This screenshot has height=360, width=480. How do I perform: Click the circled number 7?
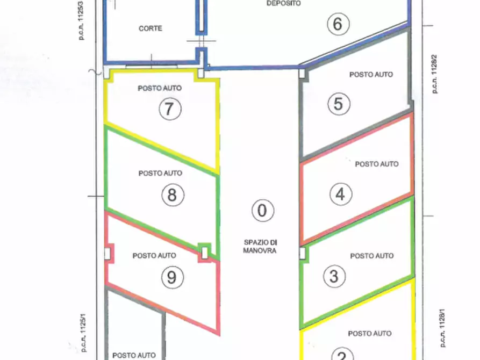(x=170, y=109)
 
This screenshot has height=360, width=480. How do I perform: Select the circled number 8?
(x=171, y=194)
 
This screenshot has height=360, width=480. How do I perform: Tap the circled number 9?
(x=171, y=277)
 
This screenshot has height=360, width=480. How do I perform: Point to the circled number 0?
(x=262, y=210)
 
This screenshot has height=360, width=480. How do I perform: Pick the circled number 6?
(x=338, y=24)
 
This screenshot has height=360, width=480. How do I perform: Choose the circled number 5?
(x=338, y=104)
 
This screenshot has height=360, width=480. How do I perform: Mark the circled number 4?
(x=340, y=193)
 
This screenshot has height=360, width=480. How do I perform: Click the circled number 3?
(x=334, y=276)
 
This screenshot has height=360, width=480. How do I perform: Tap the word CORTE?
(x=150, y=28)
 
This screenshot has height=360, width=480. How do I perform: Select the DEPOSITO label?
(x=284, y=3)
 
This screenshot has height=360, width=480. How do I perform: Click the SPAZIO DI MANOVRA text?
(x=260, y=247)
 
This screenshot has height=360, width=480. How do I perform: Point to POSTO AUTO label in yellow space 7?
(x=160, y=88)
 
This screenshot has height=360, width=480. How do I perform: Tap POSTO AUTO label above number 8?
(x=160, y=173)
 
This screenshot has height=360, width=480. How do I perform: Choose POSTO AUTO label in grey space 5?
(x=371, y=75)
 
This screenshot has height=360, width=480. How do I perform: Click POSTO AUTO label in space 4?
(x=377, y=164)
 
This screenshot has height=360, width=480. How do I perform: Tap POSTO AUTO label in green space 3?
(x=372, y=256)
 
